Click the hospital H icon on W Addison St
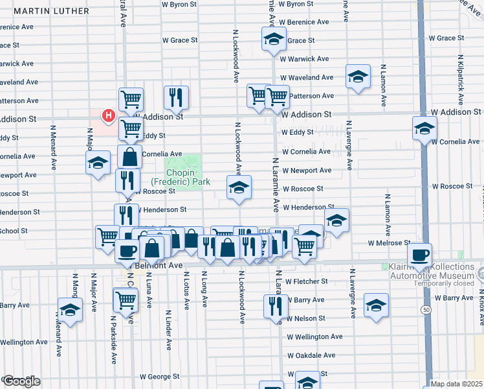pyautogui.click(x=109, y=116)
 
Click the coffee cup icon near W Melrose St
pyautogui.click(x=420, y=254)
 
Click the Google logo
pyautogui.click(x=21, y=381)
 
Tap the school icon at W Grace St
pyautogui.click(x=274, y=39)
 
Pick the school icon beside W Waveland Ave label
pyautogui.click(x=358, y=77)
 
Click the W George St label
pyautogui.click(x=160, y=376)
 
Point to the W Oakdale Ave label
pyautogui.click(x=311, y=355)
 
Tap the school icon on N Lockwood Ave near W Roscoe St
pyautogui.click(x=238, y=187)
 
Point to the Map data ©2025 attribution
pyautogui.click(x=456, y=384)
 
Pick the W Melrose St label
pyautogui.click(x=389, y=243)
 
